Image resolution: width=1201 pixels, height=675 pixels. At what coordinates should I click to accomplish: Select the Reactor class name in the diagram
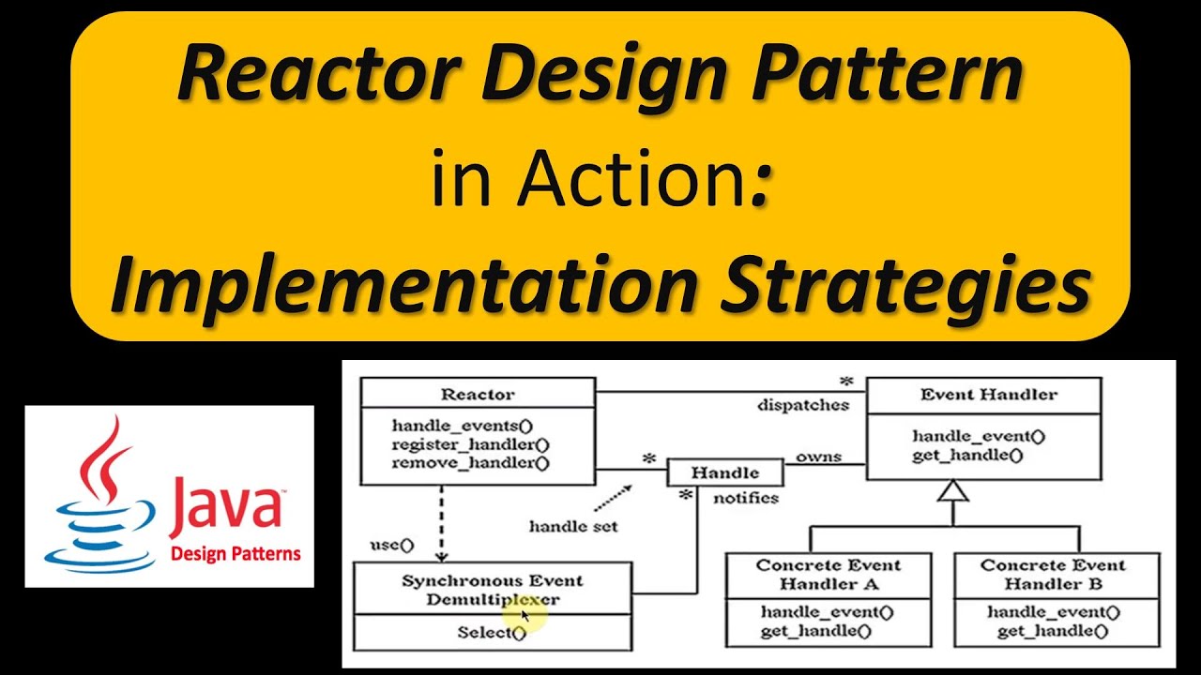coord(478,395)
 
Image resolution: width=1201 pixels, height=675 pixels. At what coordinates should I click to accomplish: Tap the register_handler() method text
coord(470,443)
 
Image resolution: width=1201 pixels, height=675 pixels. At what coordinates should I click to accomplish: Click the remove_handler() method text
coord(470,462)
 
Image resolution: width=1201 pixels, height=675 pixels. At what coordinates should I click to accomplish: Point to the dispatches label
coord(802,405)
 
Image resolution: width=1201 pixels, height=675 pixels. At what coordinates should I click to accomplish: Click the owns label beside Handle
coord(818,457)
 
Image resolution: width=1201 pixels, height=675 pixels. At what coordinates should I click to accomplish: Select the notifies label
coord(746,498)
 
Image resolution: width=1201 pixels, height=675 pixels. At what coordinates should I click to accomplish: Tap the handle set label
coord(573,526)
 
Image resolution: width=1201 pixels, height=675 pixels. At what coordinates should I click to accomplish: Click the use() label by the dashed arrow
coord(391,544)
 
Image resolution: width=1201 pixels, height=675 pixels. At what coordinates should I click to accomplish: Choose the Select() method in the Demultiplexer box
coord(492,632)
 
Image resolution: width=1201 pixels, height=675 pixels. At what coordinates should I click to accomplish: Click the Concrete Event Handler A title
coord(828,574)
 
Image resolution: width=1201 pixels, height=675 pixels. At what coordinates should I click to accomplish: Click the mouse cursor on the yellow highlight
coord(524,615)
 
